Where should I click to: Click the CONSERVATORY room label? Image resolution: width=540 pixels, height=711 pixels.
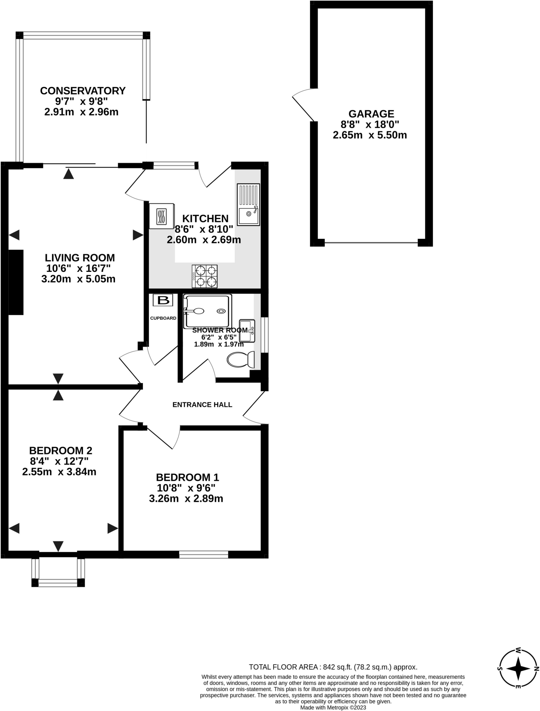point(83,91)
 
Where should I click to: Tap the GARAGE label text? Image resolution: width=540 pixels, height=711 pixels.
point(371,114)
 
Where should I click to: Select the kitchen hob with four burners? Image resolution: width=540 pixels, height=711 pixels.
point(205,276)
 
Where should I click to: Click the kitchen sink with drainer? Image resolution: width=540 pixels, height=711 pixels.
point(248,204)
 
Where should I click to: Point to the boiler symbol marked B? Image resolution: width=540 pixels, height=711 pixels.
point(163,300)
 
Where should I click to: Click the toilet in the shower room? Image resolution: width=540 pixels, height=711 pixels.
point(241,360)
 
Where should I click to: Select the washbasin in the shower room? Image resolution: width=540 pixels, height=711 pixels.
point(247,331)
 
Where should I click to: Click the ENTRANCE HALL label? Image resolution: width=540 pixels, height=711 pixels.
point(202,404)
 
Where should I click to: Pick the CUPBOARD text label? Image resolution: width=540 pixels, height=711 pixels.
point(163,318)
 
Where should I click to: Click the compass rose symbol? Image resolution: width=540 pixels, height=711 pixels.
point(518,668)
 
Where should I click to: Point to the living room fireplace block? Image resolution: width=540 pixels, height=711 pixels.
point(16,282)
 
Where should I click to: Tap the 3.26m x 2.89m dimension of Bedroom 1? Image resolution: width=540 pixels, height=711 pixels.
point(186,499)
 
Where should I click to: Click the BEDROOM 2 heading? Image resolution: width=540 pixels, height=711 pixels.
point(60,451)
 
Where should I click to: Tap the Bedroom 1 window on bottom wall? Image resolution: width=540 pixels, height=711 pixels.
point(203,554)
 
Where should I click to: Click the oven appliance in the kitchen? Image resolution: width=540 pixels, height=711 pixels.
point(161,216)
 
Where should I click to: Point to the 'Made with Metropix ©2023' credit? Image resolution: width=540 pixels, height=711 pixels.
point(333,708)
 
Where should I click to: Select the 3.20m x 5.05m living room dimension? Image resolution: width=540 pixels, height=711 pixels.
point(78,279)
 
